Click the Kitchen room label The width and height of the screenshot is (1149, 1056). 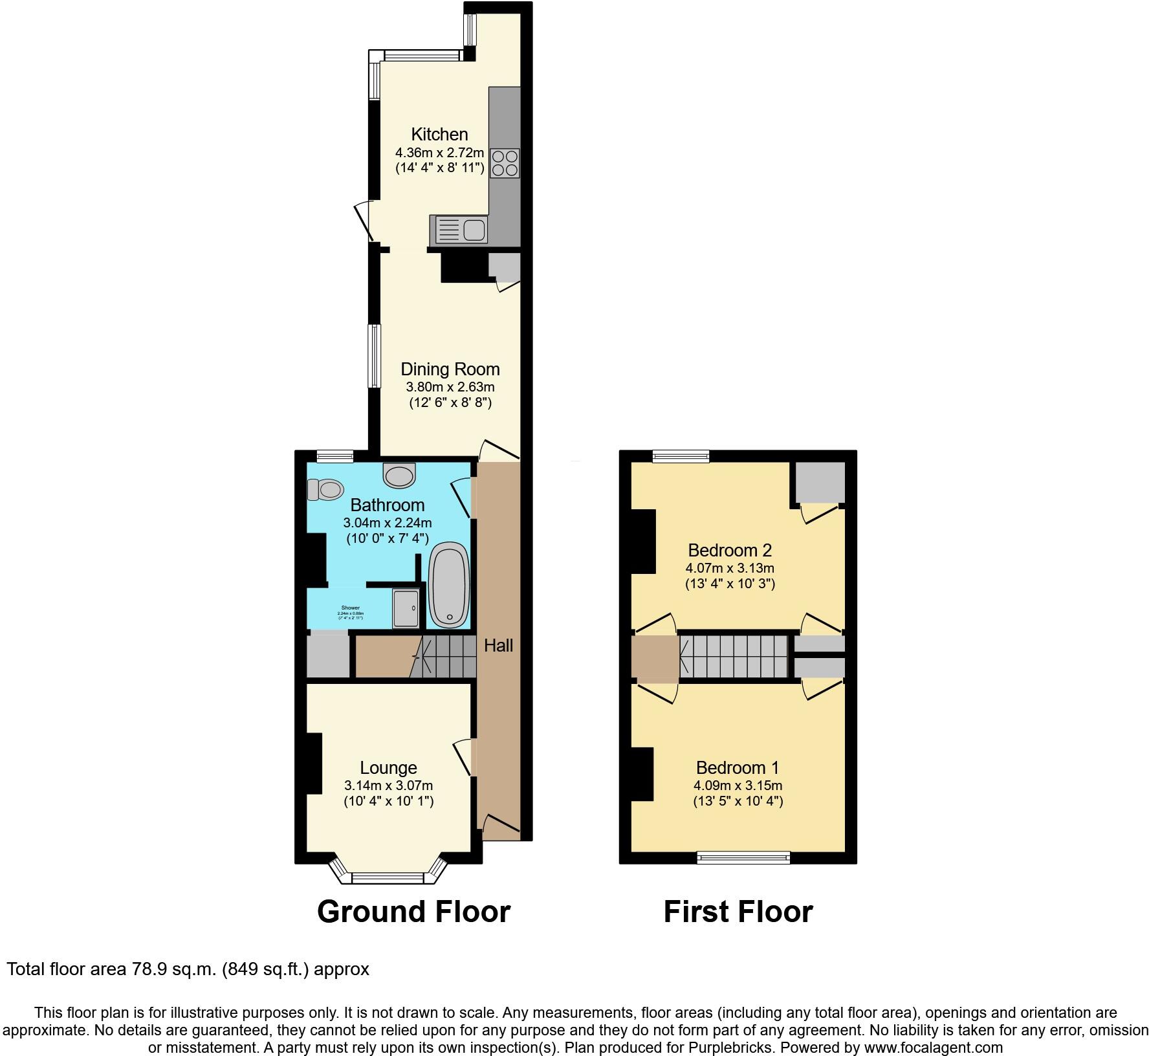439,135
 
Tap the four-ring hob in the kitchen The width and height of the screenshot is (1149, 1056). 505,162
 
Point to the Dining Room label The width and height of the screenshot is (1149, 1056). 450,369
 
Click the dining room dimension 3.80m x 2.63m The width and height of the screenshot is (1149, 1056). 450,388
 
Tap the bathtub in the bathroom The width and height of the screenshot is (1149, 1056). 449,586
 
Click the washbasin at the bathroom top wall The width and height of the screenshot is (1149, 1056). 400,476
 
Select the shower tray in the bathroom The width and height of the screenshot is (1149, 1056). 406,608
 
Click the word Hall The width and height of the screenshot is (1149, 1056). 499,645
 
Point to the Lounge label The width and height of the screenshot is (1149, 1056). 388,768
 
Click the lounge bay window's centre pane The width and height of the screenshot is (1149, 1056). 388,878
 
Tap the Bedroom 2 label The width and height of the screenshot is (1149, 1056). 730,551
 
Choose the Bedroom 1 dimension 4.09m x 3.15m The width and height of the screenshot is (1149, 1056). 738,786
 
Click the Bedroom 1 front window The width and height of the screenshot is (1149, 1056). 743,857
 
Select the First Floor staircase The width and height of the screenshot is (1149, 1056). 733,656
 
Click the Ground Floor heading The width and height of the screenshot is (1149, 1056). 413,912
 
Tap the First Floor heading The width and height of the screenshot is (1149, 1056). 738,912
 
